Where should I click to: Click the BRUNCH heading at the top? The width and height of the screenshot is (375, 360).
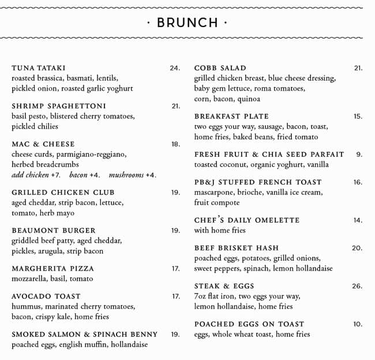[187, 23]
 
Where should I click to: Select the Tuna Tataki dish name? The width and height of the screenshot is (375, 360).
[39, 68]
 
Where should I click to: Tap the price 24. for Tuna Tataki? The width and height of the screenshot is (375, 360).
[175, 68]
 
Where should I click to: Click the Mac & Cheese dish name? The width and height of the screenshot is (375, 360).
[43, 144]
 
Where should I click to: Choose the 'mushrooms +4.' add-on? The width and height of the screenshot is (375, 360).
[132, 175]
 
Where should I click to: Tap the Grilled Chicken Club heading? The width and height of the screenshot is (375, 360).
[63, 193]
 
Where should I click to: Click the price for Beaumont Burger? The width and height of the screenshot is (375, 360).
[175, 231]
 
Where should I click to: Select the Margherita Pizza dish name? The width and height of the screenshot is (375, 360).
[52, 269]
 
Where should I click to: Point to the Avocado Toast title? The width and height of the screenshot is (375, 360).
[46, 297]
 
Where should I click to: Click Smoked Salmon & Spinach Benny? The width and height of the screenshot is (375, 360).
[84, 335]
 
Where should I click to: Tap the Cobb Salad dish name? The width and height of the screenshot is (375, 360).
[220, 68]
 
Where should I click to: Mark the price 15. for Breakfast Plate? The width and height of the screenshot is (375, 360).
[358, 117]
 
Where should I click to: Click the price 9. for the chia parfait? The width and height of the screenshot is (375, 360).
[359, 155]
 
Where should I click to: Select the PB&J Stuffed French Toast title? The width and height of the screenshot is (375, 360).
[258, 182]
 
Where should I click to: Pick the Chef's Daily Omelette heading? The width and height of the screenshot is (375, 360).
[247, 220]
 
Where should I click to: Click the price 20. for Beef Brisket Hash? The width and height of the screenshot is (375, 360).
[357, 248]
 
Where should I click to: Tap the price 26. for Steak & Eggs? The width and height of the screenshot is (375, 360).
[357, 286]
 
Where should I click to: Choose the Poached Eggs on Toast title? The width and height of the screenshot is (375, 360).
[249, 324]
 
